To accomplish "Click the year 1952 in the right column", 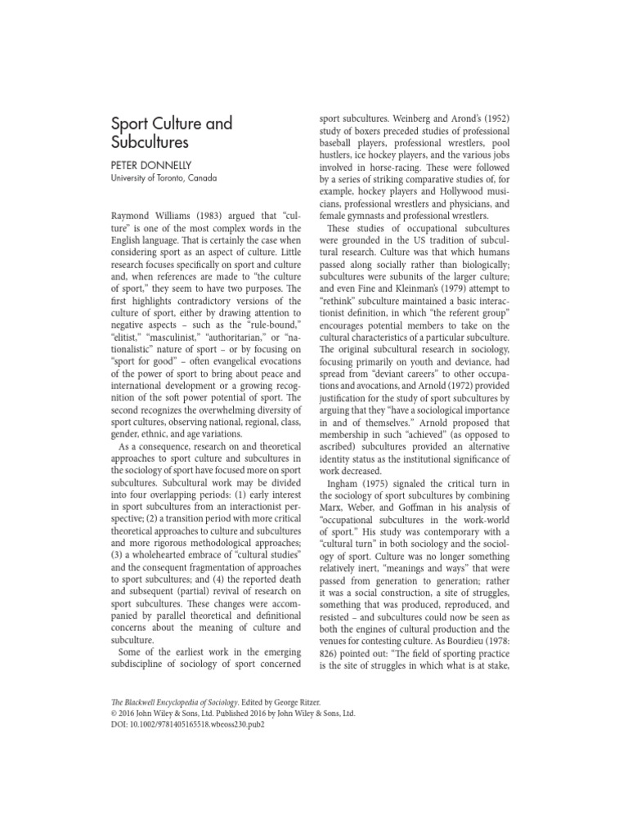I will pos(491,119).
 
